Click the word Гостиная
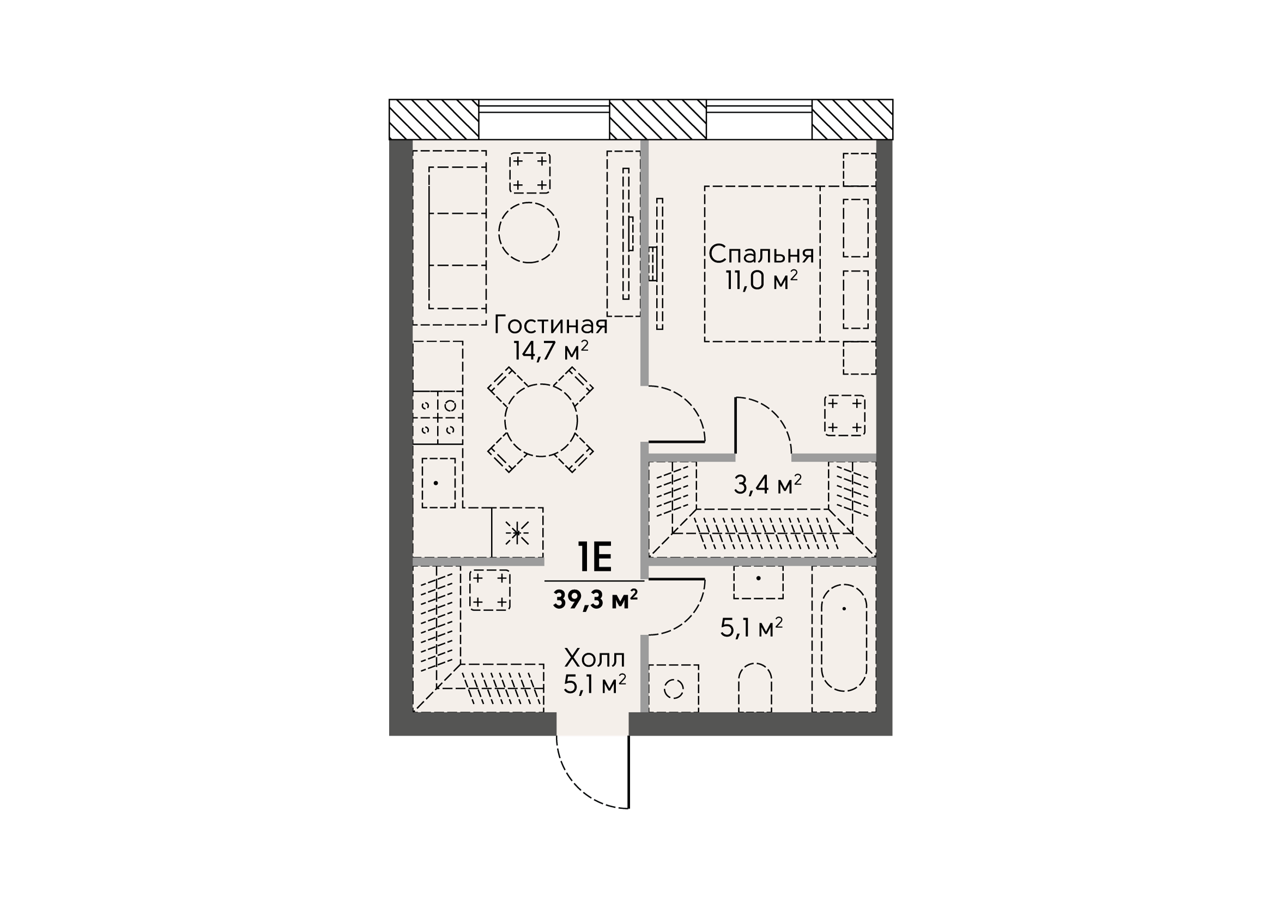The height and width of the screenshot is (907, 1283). pos(551,325)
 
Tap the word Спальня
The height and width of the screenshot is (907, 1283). pos(761,254)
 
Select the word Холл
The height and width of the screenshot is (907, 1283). pos(595,658)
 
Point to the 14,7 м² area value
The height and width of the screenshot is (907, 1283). pos(551,351)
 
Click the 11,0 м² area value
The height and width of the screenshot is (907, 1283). pos(761,280)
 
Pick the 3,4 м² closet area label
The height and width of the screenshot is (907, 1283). pos(768,485)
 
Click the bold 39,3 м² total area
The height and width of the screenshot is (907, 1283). pos(595,600)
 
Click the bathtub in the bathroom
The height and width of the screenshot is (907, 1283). pos(844,638)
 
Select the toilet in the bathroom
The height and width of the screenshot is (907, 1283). pos(755,687)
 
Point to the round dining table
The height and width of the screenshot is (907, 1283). pos(541,420)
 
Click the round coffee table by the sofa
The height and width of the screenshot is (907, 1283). pos(529,233)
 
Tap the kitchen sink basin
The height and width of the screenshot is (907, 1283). pos(439,483)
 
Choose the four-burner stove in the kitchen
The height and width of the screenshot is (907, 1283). pos(438,418)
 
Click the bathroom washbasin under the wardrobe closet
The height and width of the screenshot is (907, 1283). pos(758,582)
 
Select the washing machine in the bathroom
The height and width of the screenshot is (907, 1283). pos(673,688)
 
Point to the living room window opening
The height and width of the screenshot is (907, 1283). pos(544,119)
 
